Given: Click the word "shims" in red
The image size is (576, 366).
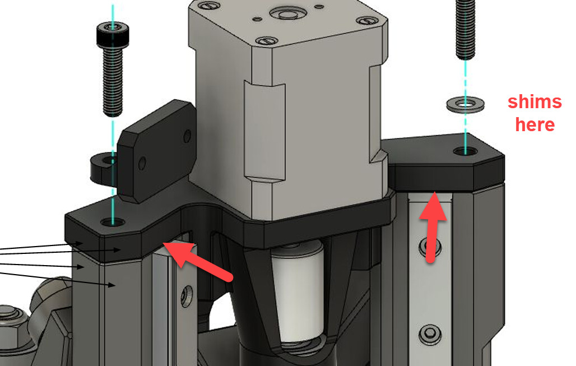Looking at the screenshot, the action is coord(535,102).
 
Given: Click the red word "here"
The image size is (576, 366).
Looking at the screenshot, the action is coord(535,124).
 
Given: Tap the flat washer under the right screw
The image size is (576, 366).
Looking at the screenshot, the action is coord(466,104).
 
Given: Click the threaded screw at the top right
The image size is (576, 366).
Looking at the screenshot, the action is coord(466,29).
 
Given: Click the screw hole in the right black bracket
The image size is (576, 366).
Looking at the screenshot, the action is coord(465,151).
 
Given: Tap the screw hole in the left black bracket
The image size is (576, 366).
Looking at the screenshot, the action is coord(113,222).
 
